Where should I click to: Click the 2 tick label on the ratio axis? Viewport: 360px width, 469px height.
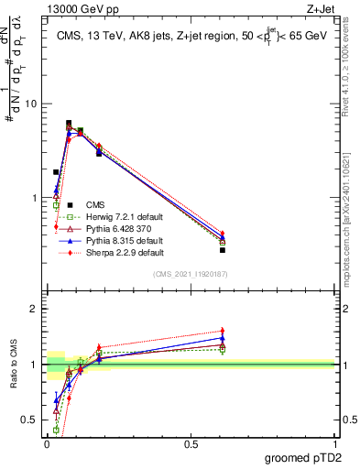(x=35, y=309)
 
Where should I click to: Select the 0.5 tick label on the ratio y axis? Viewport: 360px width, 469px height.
(x=31, y=420)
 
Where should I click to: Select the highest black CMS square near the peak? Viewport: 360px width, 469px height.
(x=69, y=123)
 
